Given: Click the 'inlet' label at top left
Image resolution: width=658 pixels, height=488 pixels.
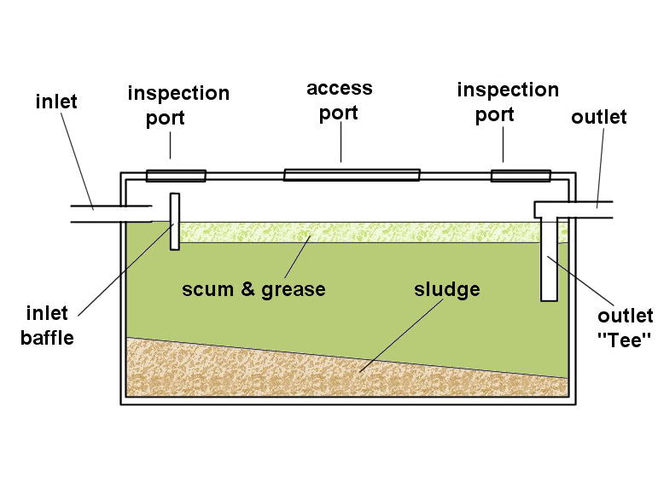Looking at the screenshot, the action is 56,102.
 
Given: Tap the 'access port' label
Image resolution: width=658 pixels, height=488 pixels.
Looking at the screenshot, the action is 340,102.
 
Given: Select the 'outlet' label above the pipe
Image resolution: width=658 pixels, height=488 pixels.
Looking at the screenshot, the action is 599,117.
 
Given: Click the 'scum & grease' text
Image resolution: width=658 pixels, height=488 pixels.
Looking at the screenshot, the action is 253,289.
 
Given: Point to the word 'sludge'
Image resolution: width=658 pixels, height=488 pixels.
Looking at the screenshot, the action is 447,289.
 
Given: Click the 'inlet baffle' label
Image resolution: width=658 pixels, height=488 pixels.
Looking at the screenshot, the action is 48,326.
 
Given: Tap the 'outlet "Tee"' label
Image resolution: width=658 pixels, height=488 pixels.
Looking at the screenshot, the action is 626,328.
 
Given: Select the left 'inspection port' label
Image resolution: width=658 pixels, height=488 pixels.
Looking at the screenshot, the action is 178,106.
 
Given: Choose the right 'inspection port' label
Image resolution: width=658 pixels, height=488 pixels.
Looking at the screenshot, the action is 508,102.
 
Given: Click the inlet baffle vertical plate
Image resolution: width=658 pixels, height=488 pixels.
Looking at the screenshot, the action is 175,222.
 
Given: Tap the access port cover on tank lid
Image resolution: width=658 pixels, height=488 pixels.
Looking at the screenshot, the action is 352,175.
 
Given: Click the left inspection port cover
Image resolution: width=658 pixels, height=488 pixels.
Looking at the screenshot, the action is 176,176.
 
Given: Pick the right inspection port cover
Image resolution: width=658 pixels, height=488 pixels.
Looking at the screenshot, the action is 521,176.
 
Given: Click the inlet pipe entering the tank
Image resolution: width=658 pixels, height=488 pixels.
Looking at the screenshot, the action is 111,214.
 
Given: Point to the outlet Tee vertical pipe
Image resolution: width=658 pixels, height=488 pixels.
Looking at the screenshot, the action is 549,259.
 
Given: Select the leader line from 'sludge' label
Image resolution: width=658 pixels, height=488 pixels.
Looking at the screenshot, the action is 401,335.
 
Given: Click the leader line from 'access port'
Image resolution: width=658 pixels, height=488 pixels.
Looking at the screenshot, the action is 341,142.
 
